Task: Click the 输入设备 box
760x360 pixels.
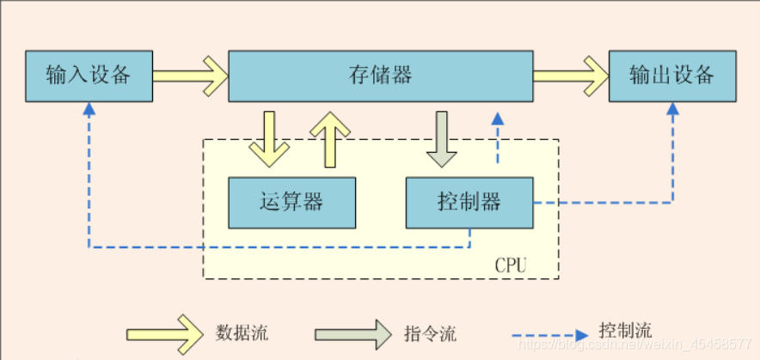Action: [x=89, y=76]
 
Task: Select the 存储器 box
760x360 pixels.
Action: [x=380, y=76]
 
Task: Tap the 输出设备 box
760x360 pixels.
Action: [x=672, y=76]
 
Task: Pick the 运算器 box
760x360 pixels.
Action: [x=291, y=203]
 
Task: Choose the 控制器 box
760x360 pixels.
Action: [x=469, y=203]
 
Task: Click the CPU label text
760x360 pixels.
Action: [x=511, y=265]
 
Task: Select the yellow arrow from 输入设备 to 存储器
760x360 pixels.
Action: [x=190, y=76]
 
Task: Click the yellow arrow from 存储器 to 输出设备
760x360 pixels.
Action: [x=570, y=76]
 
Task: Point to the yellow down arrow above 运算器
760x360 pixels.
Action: [x=269, y=138]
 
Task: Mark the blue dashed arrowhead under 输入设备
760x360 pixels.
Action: [x=89, y=110]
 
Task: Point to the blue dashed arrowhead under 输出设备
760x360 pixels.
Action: [x=672, y=110]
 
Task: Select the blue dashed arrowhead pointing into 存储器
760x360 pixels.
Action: [x=496, y=119]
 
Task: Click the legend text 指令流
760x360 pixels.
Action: [x=429, y=333]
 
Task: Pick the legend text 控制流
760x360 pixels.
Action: [x=625, y=330]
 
